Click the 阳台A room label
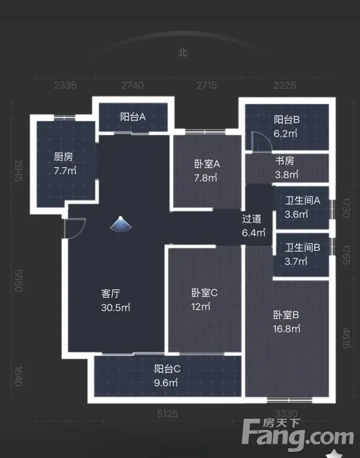[133, 117]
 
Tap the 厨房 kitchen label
[63, 157]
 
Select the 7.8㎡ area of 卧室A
[205, 178]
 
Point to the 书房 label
[285, 160]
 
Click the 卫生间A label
[303, 200]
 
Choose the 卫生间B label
[303, 247]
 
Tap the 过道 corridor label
[251, 219]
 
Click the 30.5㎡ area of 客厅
[115, 307]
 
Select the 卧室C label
[205, 293]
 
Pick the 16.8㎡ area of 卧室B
[286, 329]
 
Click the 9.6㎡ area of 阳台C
[166, 382]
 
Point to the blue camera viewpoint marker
[120, 224]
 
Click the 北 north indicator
[182, 52]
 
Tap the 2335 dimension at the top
[65, 85]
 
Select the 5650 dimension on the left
[19, 280]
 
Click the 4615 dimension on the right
[346, 338]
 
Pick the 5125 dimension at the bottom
[168, 414]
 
